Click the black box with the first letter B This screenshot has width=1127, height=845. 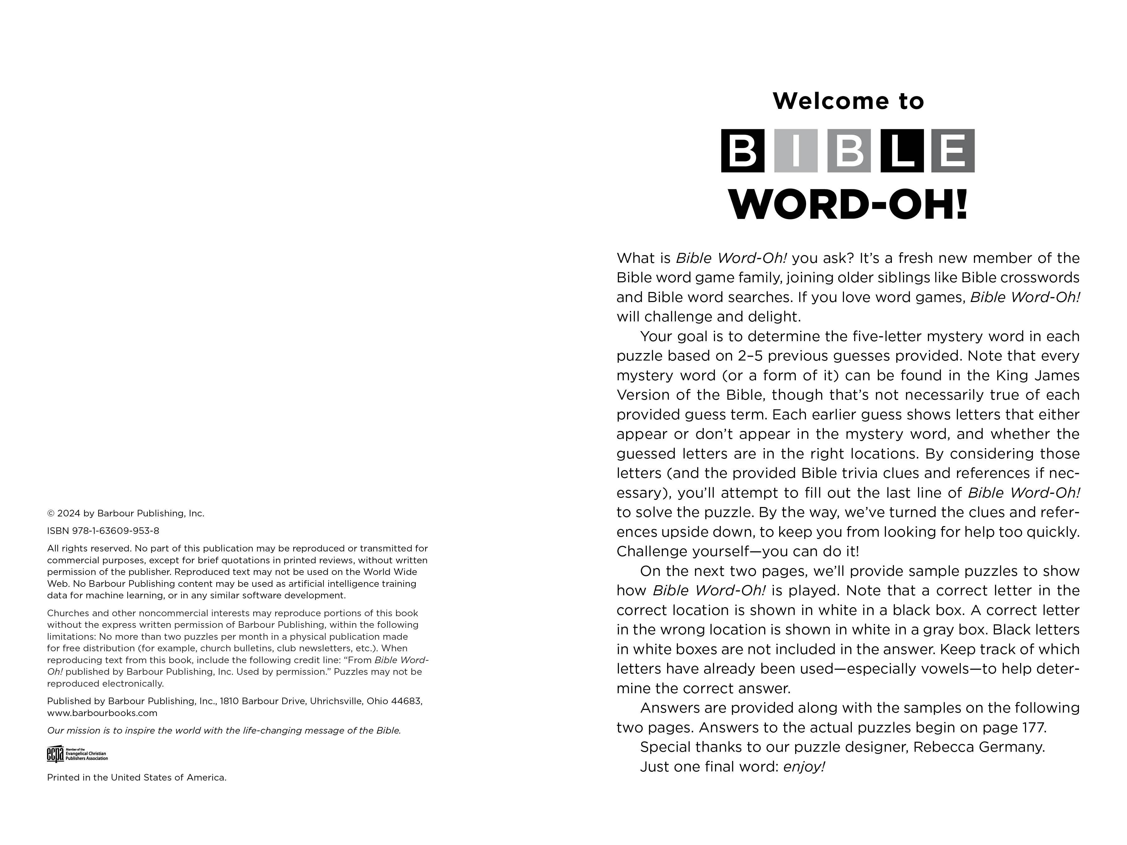pyautogui.click(x=742, y=151)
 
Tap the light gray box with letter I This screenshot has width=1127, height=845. pyautogui.click(x=795, y=151)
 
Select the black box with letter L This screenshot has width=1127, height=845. pyautogui.click(x=901, y=151)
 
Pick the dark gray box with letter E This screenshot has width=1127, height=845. pyautogui.click(x=953, y=151)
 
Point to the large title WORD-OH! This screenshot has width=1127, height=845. pyautogui.click(x=848, y=205)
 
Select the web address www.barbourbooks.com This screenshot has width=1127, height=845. pyautogui.click(x=102, y=713)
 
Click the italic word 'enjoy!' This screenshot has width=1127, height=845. pyautogui.click(x=804, y=766)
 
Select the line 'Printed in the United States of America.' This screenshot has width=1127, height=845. pyautogui.click(x=136, y=777)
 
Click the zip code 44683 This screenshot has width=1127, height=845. pyautogui.click(x=407, y=701)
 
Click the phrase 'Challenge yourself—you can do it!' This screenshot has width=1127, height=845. pyautogui.click(x=737, y=551)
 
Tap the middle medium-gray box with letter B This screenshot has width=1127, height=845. pyautogui.click(x=848, y=151)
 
